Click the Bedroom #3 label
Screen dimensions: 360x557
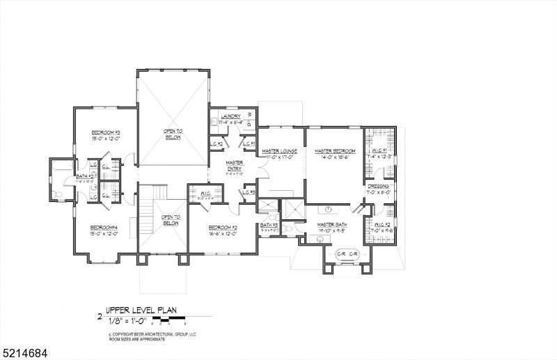pos(107,132)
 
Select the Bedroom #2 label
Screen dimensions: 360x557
pos(223,228)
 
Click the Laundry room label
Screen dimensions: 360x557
pos(230,116)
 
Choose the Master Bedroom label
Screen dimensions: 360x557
pos(334,151)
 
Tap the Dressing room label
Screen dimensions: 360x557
pos(379,187)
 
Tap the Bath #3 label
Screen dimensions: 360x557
pos(269,225)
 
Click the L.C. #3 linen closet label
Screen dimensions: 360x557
pos(249,192)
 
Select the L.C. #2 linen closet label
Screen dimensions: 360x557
pos(216,144)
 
